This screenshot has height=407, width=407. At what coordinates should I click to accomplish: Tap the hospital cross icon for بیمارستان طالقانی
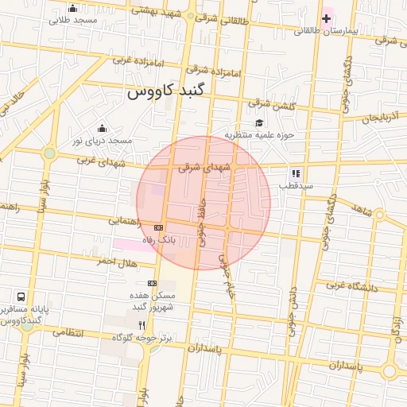click(326, 18)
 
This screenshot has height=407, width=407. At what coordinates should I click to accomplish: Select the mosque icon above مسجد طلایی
click(73, 9)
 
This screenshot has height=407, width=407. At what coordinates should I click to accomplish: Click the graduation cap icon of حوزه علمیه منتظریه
click(259, 123)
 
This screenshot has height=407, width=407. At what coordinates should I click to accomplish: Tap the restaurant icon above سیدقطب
click(296, 173)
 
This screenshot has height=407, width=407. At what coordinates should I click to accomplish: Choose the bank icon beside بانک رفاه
click(157, 228)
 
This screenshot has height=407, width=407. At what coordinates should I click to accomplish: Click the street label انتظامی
click(68, 331)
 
